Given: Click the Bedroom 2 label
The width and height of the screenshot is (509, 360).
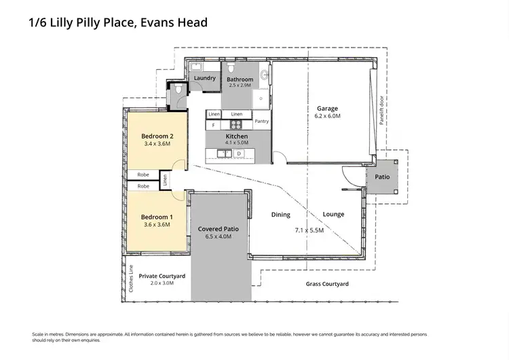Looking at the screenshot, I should pos(148,135).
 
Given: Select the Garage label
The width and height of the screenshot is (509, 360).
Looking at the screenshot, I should pos(327,108).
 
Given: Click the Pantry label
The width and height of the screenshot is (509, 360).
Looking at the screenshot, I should pos(261,122).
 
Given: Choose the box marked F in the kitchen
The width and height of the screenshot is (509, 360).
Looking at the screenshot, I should pos(213,126).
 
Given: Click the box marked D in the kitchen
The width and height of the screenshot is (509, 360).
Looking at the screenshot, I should pos(238,154).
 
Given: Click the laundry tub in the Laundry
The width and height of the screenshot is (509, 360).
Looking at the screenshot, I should pos(195,67).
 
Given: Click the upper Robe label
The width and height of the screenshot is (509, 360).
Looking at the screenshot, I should pos(143,175).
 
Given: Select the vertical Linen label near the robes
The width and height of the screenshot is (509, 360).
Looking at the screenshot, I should pos(164,180).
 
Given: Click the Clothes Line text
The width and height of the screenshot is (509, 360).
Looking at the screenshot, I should pos(131,278).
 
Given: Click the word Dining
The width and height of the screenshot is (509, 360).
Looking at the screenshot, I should pos(280,215).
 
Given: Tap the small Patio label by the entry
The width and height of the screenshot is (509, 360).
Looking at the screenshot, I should pos(382,177).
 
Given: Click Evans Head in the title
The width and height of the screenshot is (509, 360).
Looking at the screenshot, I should pos(174,22).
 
